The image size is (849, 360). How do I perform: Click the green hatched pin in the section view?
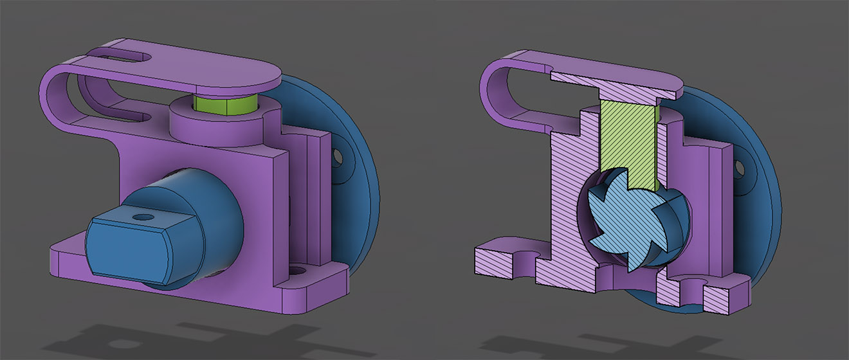pyautogui.click(x=627, y=141)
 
